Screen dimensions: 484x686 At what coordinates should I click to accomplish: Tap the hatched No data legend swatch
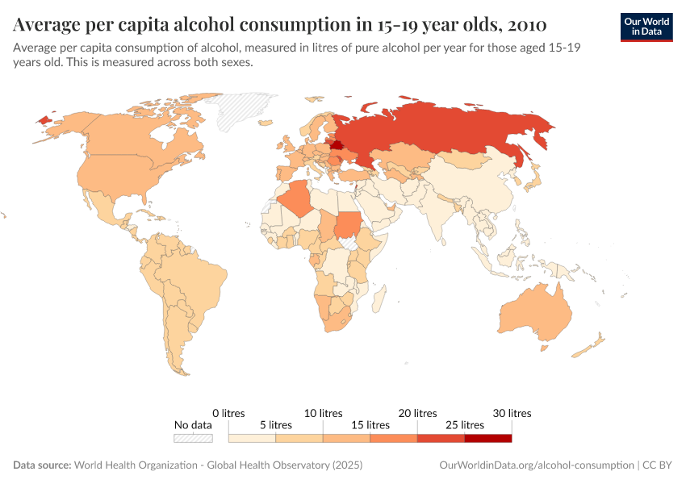(193, 438)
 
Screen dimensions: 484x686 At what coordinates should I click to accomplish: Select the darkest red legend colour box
(488, 438)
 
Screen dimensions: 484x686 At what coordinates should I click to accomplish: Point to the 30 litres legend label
(512, 413)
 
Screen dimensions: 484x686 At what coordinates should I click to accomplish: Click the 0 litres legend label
(228, 413)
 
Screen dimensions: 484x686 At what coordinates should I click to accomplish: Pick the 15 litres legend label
(370, 425)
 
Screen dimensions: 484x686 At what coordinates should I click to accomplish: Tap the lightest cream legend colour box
(252, 438)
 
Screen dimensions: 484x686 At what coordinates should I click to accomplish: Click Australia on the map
(536, 315)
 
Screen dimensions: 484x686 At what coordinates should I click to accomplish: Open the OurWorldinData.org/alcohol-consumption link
(537, 465)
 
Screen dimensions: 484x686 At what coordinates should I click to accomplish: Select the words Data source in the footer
(42, 465)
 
